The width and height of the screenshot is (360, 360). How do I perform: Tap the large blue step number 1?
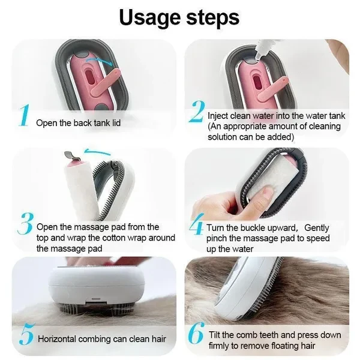pos(25,115)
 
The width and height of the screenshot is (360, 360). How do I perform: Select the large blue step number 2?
pos(197,112)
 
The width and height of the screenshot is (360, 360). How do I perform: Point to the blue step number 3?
pos(25,223)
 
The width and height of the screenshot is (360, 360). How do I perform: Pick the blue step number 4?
pos(196,224)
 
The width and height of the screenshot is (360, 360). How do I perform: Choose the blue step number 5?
pos(27,334)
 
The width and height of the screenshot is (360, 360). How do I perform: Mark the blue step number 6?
pos(196,333)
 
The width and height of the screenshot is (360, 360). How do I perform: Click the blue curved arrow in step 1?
pos(99,60)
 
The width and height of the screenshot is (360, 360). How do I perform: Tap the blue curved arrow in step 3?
pos(97,152)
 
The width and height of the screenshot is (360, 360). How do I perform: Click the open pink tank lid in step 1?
pos(106,83)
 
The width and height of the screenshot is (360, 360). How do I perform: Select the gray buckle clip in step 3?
pos(73,156)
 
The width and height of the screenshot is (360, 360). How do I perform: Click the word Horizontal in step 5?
pos(57,339)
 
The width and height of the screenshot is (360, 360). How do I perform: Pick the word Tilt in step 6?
pos(214,335)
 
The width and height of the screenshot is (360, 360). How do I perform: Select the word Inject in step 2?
pos(218,116)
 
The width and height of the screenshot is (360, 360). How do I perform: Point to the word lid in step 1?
pos(116,123)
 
